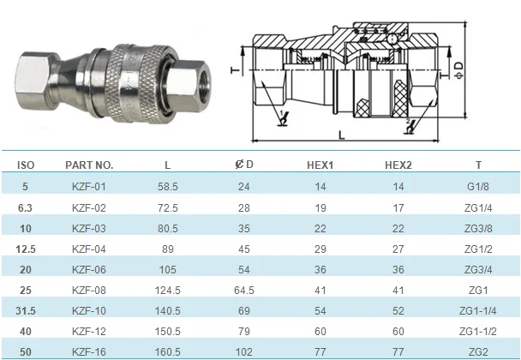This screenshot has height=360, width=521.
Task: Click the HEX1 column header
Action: (320, 165)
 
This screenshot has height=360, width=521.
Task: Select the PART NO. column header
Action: (89, 165)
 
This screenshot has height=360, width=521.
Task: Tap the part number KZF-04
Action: (89, 249)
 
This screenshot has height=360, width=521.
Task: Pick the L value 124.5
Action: (167, 291)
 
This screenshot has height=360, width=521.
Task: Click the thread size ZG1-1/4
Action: (478, 311)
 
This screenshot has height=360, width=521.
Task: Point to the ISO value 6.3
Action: (25, 208)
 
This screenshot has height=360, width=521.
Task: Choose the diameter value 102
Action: (244, 351)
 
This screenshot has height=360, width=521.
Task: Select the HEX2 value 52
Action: (398, 311)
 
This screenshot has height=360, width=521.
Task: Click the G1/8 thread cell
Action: (478, 187)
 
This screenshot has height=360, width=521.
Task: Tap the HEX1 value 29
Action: (320, 249)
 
